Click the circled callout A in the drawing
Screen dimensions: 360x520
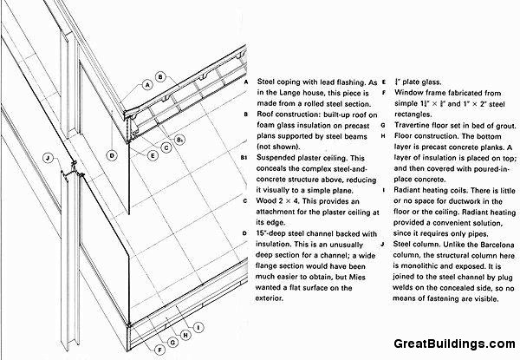pyautogui.click(x=148, y=84)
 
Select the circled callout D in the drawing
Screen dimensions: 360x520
pyautogui.click(x=112, y=155)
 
